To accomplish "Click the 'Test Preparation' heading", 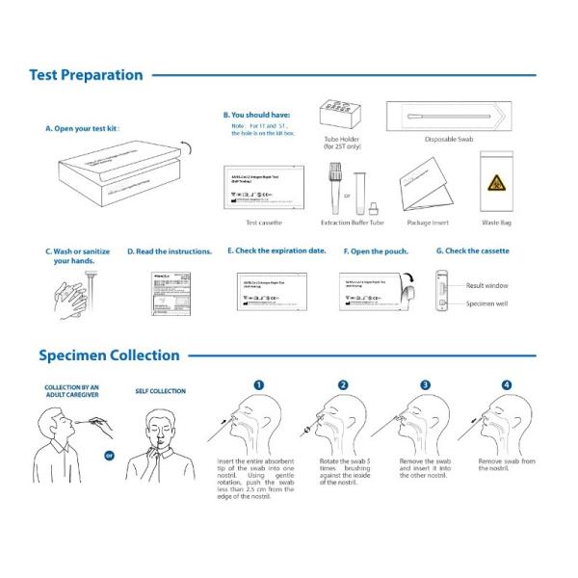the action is pyautogui.click(x=86, y=75).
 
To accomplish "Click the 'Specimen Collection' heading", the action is pyautogui.click(x=109, y=355).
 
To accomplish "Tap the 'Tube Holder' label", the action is pyautogui.click(x=341, y=138).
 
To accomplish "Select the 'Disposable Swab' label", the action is pyautogui.click(x=447, y=138).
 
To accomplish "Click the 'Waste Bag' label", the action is pyautogui.click(x=493, y=223).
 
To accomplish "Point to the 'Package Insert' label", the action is pyautogui.click(x=425, y=223).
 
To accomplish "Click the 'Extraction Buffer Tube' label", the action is pyautogui.click(x=353, y=223).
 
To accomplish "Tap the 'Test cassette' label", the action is pyautogui.click(x=264, y=223).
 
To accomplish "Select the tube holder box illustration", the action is pyautogui.click(x=341, y=114).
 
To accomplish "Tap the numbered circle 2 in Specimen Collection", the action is pyautogui.click(x=343, y=384).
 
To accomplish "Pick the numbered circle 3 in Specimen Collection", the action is pyautogui.click(x=426, y=384).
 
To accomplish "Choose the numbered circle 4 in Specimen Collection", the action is pyautogui.click(x=507, y=384).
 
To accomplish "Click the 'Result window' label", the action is pyautogui.click(x=487, y=286).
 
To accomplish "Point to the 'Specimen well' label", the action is pyautogui.click(x=486, y=302).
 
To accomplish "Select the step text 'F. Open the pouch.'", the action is pyautogui.click(x=376, y=251).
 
